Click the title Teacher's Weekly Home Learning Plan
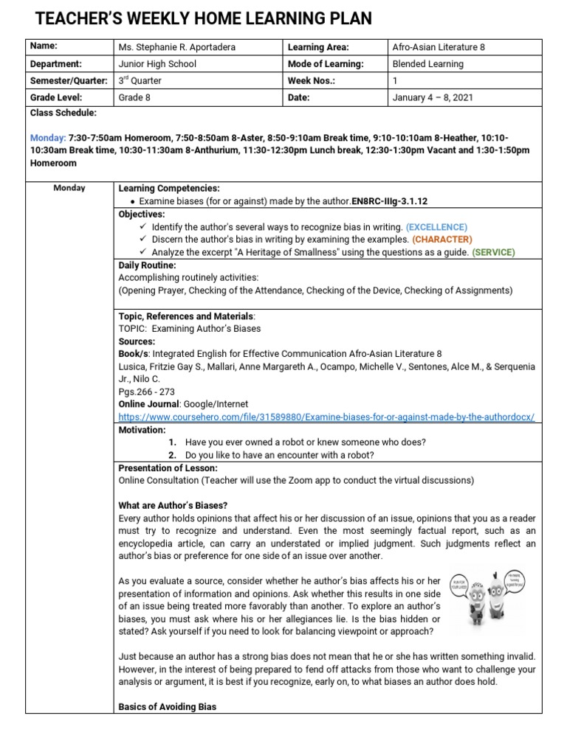[204, 18]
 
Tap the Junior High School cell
[157, 64]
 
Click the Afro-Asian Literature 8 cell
[439, 47]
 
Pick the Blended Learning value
[428, 64]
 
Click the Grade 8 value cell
[134, 97]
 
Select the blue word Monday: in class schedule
[48, 138]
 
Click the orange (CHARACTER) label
[442, 240]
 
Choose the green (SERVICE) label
[493, 252]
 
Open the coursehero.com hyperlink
[326, 417]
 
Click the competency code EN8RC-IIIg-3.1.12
[390, 201]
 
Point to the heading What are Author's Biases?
[173, 505]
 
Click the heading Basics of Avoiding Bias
[167, 706]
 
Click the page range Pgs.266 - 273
[146, 392]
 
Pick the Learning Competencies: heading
[169, 189]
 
